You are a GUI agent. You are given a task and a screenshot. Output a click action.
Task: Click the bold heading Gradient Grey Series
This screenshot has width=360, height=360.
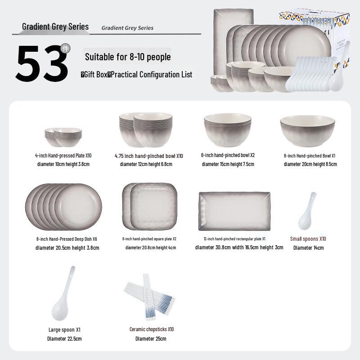(55, 27)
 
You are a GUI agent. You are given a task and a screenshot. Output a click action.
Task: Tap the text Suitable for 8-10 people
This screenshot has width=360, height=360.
(128, 57)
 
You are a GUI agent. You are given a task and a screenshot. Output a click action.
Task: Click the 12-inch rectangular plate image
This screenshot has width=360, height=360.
(234, 211)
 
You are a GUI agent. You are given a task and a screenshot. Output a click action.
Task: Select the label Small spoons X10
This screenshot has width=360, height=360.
(308, 239)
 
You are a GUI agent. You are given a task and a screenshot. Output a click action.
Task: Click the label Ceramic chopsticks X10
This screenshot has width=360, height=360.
(152, 329)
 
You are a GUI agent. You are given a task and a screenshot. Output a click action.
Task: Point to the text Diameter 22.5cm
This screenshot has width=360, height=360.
(64, 338)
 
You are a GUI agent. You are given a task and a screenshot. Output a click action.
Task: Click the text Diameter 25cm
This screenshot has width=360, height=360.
(151, 338)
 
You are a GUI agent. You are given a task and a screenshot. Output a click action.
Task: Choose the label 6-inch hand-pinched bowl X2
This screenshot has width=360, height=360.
(228, 155)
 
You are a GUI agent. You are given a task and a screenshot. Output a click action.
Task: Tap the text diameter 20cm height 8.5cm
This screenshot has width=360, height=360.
(310, 164)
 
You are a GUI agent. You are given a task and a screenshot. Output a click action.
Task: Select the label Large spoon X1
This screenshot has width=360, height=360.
(64, 329)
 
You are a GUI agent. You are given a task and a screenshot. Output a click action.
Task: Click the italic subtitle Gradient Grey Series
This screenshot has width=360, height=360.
(127, 28)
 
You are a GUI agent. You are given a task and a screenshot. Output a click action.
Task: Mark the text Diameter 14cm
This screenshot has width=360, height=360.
(308, 247)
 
